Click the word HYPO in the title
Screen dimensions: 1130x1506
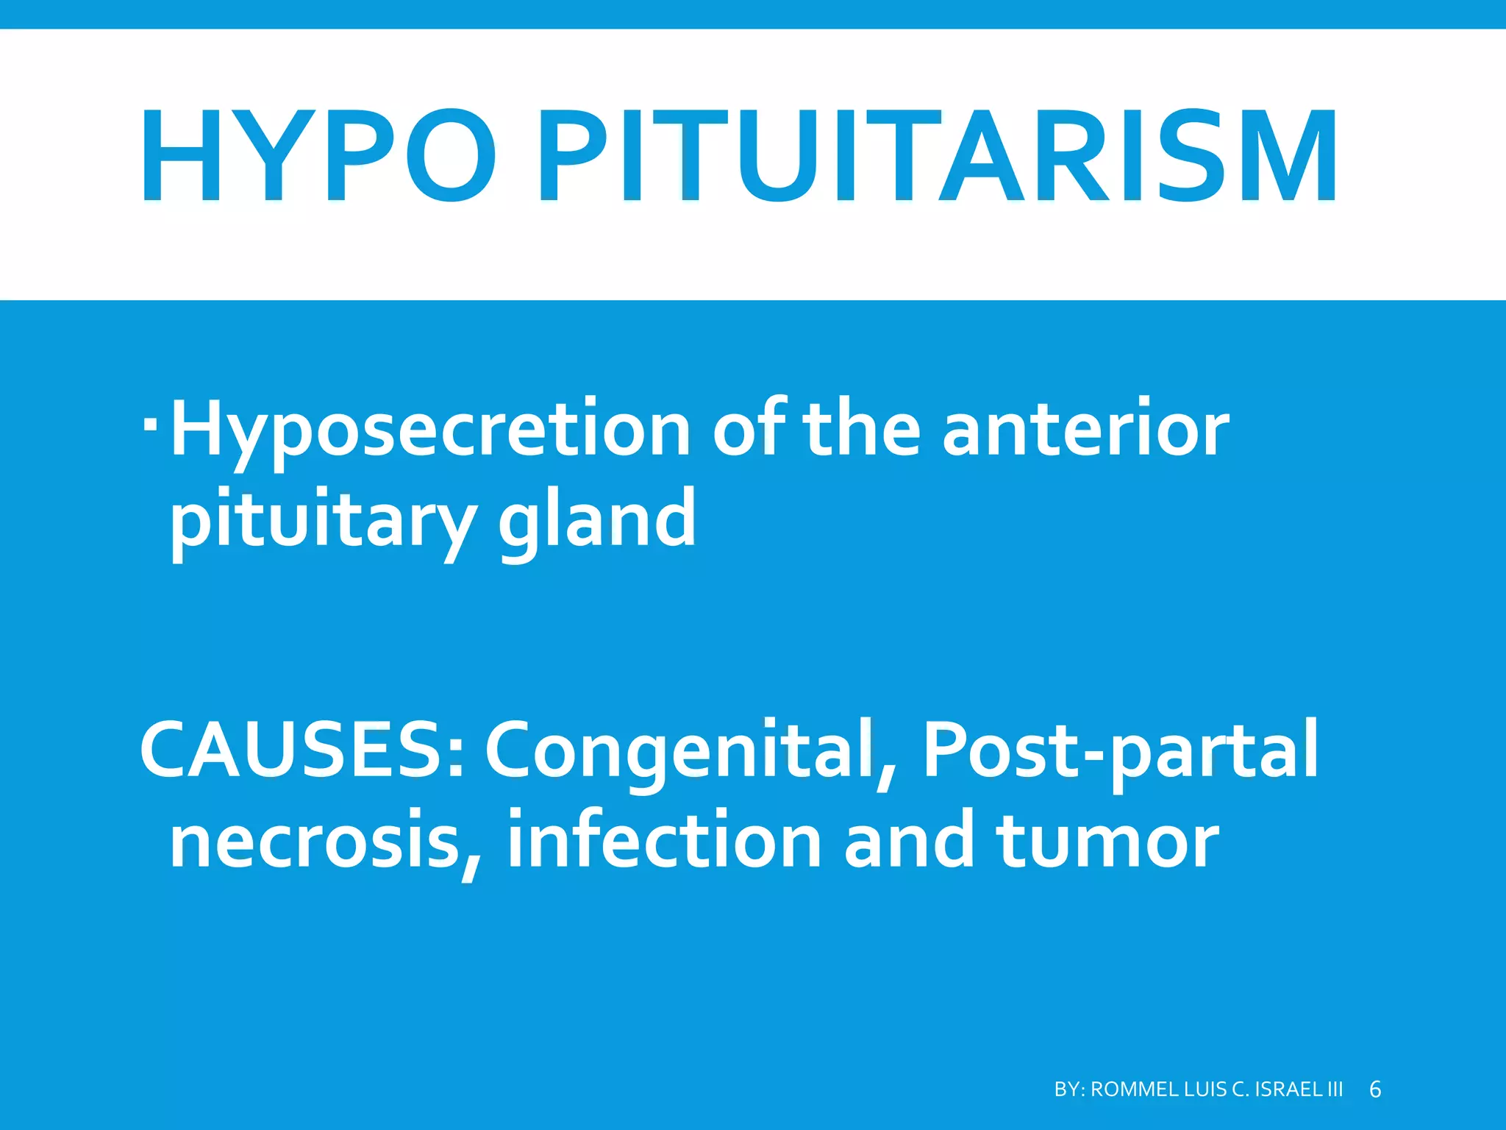click(x=318, y=156)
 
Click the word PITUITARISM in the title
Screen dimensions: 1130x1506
click(x=938, y=156)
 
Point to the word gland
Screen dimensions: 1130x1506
click(x=597, y=521)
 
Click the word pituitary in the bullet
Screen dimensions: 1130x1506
click(x=324, y=521)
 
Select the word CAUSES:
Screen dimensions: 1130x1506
click(x=302, y=750)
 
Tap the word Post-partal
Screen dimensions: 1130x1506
click(x=1120, y=750)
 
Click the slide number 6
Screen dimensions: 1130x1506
click(x=1375, y=1090)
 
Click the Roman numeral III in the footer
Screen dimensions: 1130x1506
click(x=1335, y=1090)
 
